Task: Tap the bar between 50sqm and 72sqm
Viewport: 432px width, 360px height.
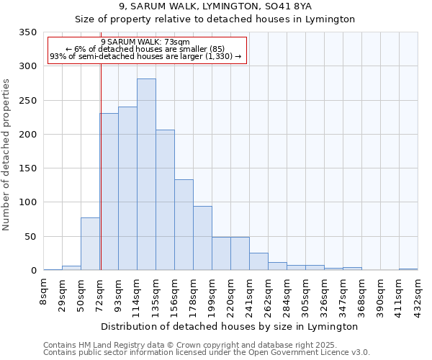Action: [x=90, y=243]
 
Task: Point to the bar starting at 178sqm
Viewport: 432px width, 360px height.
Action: [x=202, y=238]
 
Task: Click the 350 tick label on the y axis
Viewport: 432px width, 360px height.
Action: [x=27, y=32]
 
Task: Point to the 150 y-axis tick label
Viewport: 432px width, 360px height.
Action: [x=27, y=168]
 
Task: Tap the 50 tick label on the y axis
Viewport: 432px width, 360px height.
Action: [x=30, y=237]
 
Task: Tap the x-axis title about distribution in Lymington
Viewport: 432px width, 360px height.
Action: [x=230, y=326]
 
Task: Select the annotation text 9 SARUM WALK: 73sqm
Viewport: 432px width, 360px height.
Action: [x=146, y=42]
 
